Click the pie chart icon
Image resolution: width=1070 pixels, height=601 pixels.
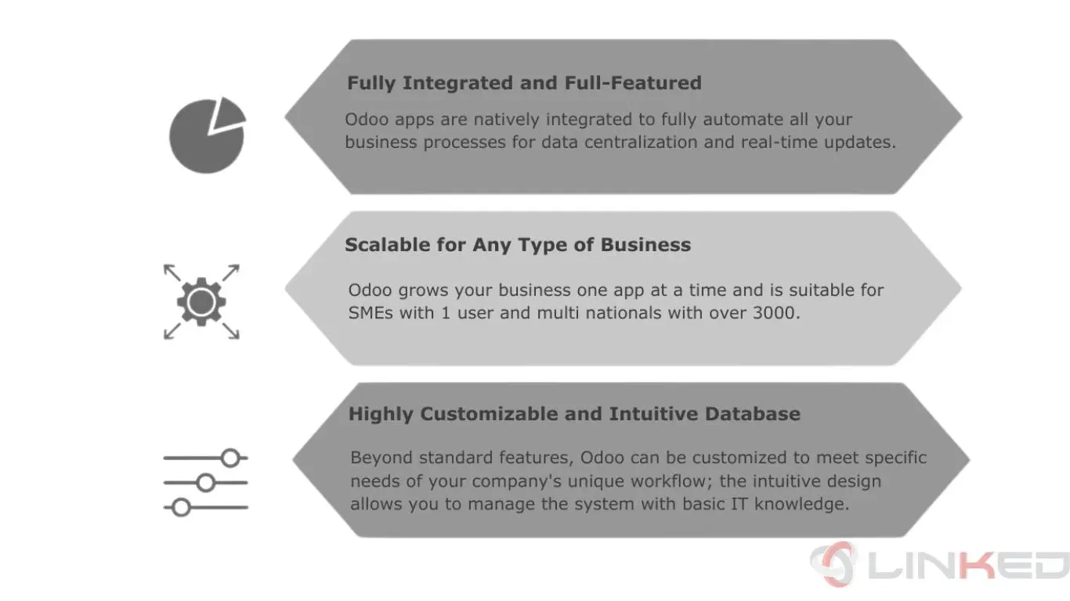pyautogui.click(x=207, y=136)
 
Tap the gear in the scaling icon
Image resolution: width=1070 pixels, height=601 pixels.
pyautogui.click(x=201, y=302)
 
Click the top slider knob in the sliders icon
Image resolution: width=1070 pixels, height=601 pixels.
pyautogui.click(x=231, y=458)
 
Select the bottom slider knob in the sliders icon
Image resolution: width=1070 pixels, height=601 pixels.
pyautogui.click(x=181, y=507)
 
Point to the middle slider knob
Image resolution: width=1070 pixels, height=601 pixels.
pyautogui.click(x=206, y=483)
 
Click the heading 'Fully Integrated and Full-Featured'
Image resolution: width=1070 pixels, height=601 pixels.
pyautogui.click(x=524, y=83)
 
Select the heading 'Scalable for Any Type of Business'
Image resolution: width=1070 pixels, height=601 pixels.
pyautogui.click(x=518, y=245)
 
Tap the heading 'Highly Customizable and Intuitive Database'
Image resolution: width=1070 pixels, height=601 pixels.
pyautogui.click(x=574, y=414)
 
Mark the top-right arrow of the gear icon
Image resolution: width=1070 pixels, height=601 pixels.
pyautogui.click(x=231, y=272)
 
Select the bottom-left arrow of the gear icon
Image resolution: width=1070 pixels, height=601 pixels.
pyautogui.click(x=172, y=331)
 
